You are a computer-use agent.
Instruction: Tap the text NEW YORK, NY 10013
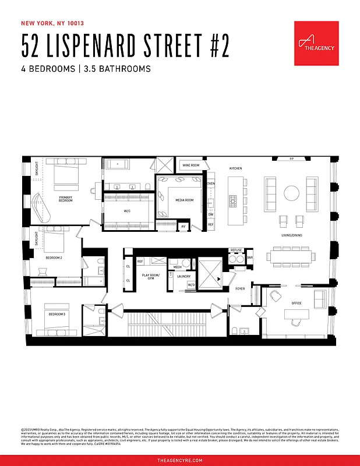pyautogui.click(x=52, y=23)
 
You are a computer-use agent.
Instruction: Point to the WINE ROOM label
pyautogui.click(x=190, y=165)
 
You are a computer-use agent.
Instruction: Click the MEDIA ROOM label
pyautogui.click(x=185, y=200)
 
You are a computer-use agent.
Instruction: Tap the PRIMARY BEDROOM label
pyautogui.click(x=65, y=199)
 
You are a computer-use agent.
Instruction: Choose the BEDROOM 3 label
pyautogui.click(x=57, y=314)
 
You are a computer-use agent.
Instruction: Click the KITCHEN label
pyautogui.click(x=235, y=168)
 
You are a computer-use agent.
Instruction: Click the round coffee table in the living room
pyautogui.click(x=291, y=192)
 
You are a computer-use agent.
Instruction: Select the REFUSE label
pyautogui.click(x=236, y=250)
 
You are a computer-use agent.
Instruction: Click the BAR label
pyautogui.click(x=250, y=257)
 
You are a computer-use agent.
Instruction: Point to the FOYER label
pyautogui.click(x=240, y=288)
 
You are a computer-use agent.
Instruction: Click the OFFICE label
pyautogui.click(x=297, y=303)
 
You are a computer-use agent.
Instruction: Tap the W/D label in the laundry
pyautogui.click(x=191, y=285)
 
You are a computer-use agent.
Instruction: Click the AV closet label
pyautogui.click(x=183, y=226)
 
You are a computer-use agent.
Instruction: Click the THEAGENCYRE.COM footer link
pyautogui.click(x=180, y=460)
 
